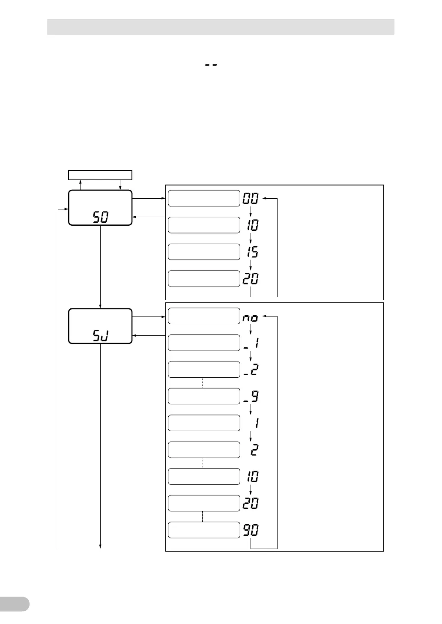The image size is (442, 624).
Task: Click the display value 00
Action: (251, 198)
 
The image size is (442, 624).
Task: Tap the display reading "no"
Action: (251, 318)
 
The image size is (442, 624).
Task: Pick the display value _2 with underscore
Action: (251, 370)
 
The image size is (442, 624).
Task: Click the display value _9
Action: (251, 397)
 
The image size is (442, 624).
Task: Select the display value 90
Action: (251, 530)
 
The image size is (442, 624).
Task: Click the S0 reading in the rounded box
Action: (101, 218)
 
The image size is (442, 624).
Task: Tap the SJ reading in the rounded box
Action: (101, 336)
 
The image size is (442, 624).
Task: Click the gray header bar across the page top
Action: (221, 27)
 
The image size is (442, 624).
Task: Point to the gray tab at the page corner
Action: (14, 604)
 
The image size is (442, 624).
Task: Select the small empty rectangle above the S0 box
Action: (100, 175)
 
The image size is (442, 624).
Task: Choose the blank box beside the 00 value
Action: (204, 198)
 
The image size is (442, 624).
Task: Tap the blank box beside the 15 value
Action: (204, 252)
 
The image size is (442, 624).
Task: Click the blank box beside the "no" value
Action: (204, 316)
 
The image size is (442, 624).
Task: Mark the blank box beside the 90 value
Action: (204, 530)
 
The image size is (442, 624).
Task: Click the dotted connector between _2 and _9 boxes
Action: (203, 383)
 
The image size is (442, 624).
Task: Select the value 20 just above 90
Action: (251, 503)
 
